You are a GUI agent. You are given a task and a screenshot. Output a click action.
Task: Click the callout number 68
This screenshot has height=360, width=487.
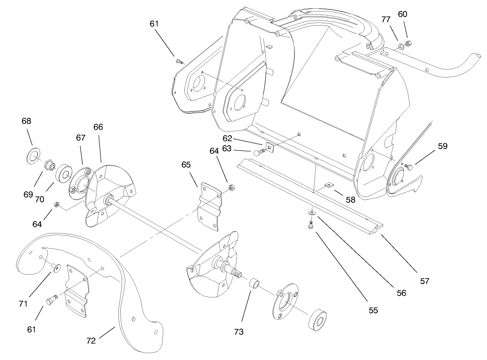[x=27, y=121]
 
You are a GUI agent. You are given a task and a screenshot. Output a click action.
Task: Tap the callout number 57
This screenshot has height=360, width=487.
[x=424, y=281]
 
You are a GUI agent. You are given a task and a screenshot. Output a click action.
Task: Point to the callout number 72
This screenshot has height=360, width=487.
[x=91, y=340]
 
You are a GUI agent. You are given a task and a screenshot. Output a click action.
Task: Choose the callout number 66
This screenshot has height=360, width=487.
[x=98, y=127]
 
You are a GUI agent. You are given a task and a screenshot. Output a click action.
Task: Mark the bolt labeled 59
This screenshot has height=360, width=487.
[x=408, y=166]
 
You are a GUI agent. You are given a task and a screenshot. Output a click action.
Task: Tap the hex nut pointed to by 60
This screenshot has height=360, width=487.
[x=408, y=42]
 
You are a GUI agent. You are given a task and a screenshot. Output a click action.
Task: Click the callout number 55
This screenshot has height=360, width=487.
[x=373, y=310]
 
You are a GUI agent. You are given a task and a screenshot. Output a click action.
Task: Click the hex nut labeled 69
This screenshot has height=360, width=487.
[x=49, y=164]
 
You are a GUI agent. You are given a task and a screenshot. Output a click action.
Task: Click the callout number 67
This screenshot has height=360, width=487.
[x=81, y=138]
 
